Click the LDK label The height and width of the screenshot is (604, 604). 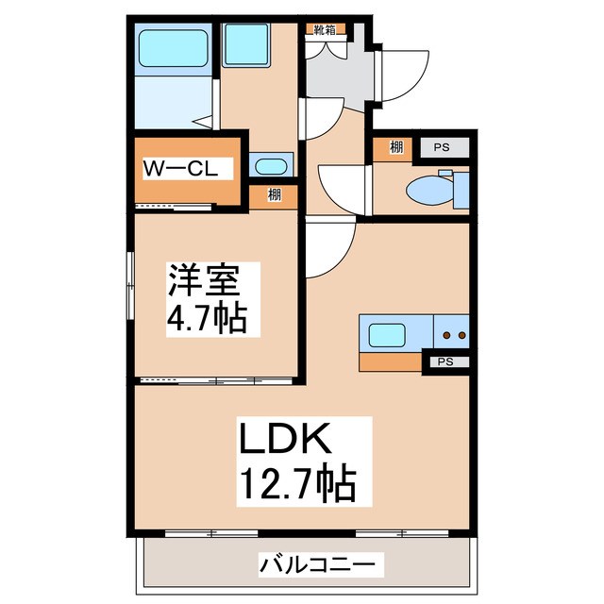(283, 440)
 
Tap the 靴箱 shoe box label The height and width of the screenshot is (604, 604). (323, 29)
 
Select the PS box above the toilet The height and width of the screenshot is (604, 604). (441, 147)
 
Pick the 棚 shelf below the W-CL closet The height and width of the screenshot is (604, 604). (274, 195)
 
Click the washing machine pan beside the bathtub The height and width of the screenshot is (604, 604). (247, 43)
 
